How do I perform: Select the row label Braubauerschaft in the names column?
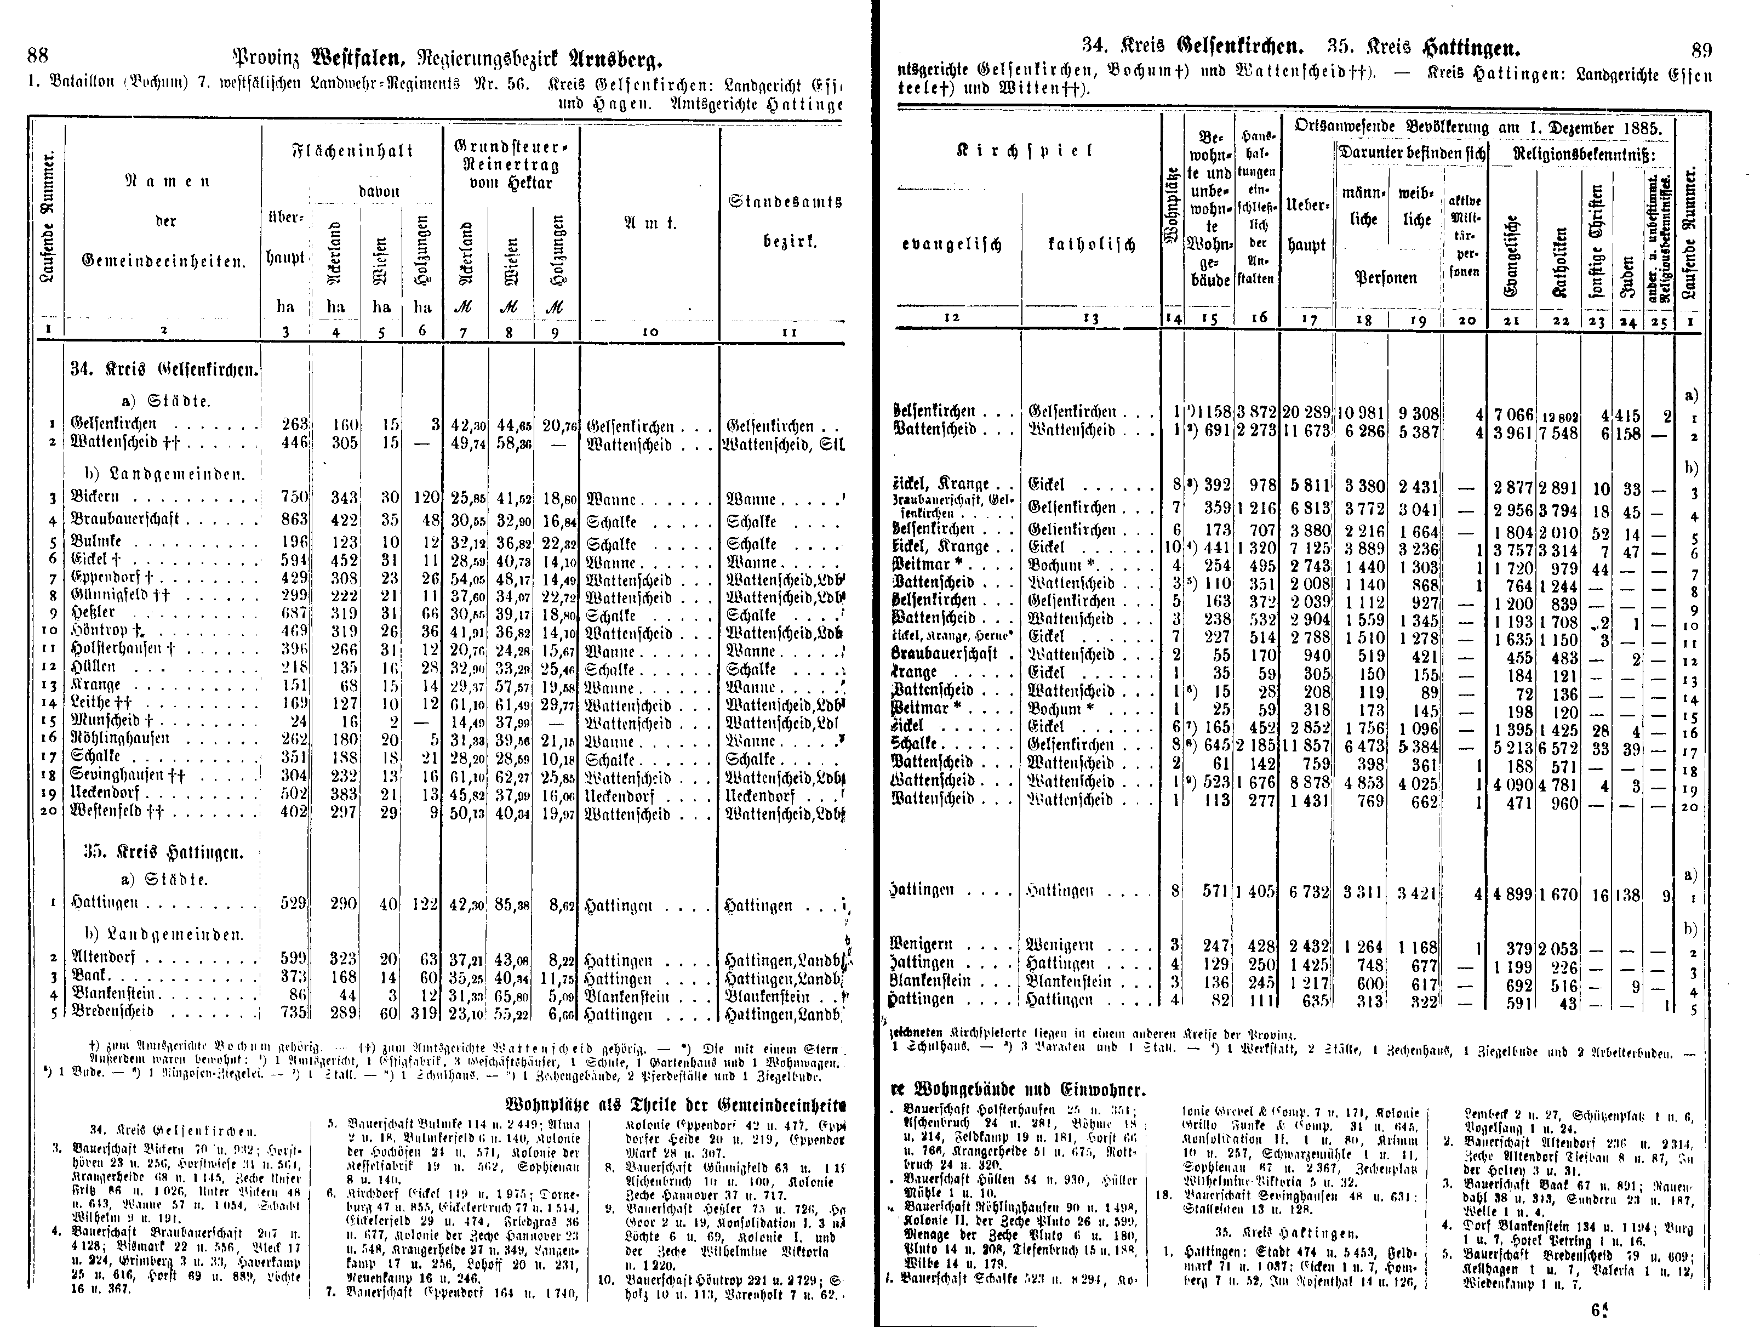click(125, 520)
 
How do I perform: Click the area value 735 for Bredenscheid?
click(294, 1012)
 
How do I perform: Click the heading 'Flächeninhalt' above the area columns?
click(352, 151)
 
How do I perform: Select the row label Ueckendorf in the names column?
click(105, 793)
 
